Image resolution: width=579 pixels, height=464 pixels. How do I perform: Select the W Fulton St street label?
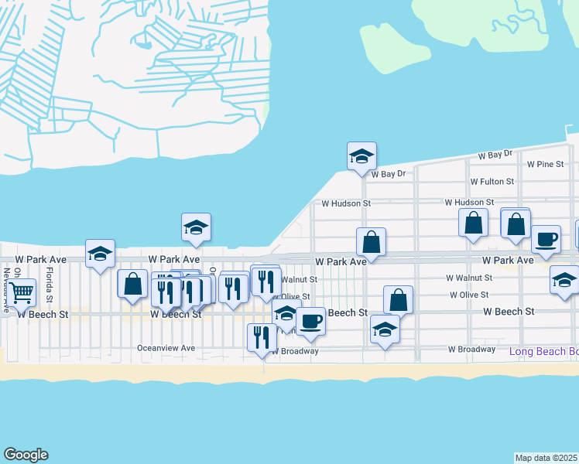(x=492, y=182)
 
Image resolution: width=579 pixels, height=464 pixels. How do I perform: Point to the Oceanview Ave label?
(x=166, y=348)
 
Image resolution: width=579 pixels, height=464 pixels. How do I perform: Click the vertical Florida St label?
(x=49, y=285)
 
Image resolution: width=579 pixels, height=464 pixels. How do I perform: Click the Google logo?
(x=26, y=455)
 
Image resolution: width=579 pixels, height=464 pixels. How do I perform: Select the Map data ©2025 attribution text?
(x=546, y=458)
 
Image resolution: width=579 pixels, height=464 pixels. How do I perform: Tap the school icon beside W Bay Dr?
(x=361, y=156)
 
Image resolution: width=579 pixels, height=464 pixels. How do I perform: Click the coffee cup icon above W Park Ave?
(x=546, y=239)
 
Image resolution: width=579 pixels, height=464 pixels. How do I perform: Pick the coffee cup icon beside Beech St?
(x=310, y=321)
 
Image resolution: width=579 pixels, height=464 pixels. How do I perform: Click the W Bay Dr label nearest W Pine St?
(x=495, y=155)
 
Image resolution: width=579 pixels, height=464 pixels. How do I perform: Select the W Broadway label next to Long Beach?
(x=471, y=350)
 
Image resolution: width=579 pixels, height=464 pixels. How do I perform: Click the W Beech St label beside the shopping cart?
(x=43, y=314)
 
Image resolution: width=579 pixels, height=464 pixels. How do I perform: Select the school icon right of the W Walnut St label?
(x=565, y=280)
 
